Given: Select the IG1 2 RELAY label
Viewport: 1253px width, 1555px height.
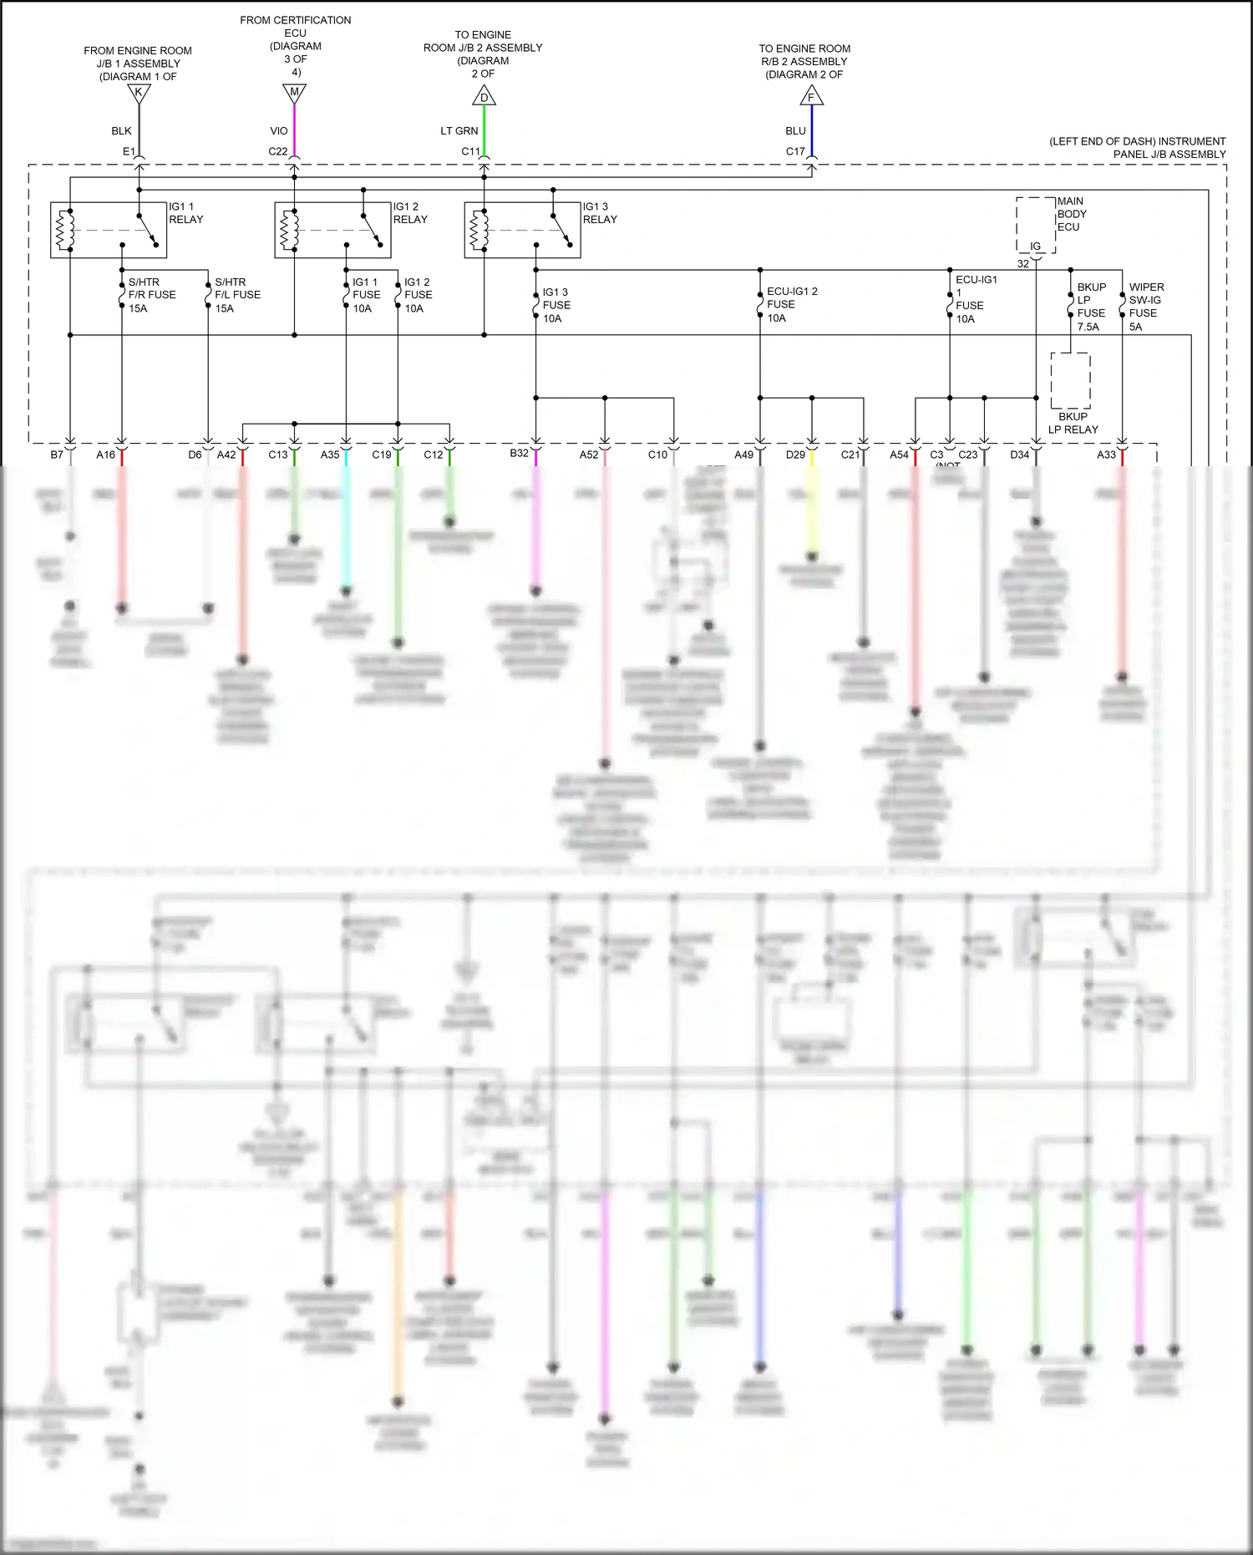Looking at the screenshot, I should pos(410,213).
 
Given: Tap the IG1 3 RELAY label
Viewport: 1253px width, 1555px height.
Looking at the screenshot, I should pos(600,213).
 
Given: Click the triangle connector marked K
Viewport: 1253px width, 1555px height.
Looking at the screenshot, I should pos(139,94).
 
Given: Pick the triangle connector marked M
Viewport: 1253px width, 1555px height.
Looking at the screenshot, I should pos(294,94).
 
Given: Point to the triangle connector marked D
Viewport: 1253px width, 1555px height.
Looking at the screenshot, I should pos(484,97).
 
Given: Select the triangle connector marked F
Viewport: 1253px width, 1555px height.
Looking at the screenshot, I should pos(811,97).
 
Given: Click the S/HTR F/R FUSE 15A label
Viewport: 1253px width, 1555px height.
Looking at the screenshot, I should pos(151,295).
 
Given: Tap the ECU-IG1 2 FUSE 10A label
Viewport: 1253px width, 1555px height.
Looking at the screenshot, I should pos(791,304).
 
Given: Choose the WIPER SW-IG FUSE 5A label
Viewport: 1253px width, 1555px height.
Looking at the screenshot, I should pos(1145,307).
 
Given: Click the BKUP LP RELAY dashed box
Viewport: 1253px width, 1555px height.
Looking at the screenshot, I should pos(1070,380).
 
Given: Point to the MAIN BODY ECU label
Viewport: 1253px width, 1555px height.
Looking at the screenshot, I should pos(1071,214).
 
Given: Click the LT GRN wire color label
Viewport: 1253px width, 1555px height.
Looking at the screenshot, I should pos(459,131).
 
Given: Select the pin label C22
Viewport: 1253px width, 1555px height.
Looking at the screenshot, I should pos(277,152).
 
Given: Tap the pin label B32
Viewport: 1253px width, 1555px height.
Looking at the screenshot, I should pos(519,454).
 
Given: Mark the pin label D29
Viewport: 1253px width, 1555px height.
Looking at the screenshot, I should pos(795,455).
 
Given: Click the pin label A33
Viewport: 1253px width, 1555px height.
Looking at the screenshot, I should pos(1106,455).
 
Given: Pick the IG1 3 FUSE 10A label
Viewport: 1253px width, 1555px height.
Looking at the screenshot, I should pos(555,305).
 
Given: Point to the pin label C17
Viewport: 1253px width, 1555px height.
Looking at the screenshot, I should pos(795,152).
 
